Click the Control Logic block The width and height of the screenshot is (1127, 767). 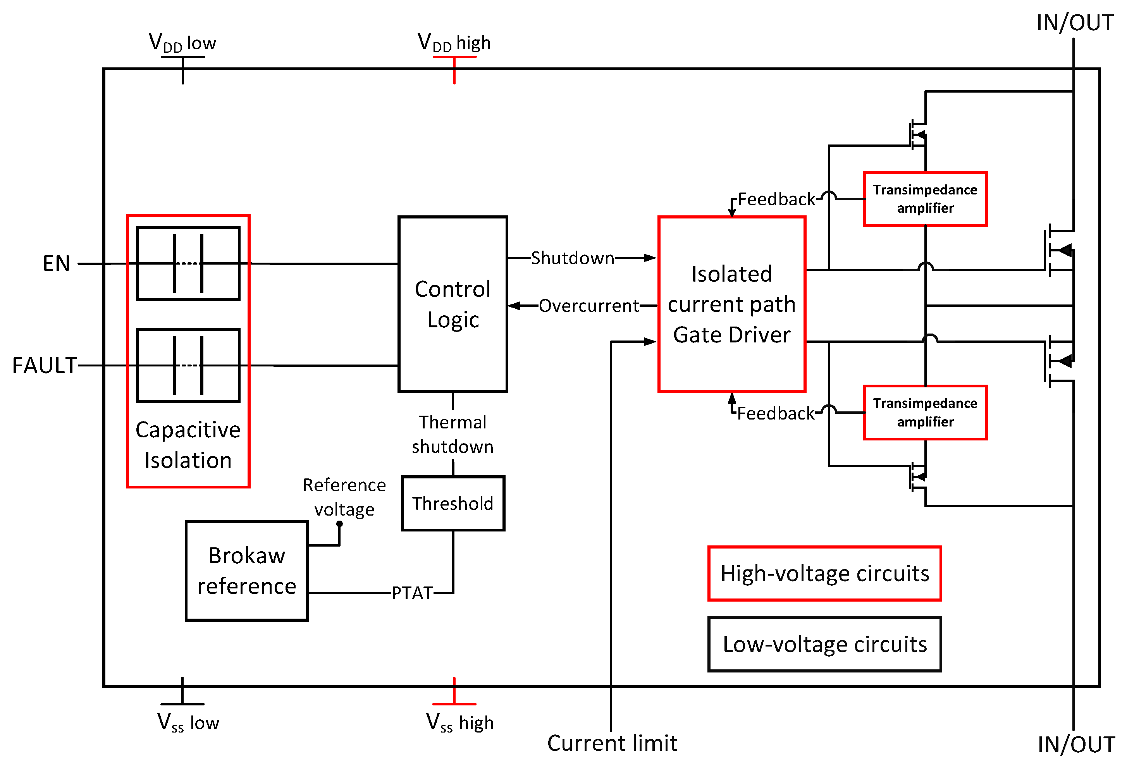click(453, 304)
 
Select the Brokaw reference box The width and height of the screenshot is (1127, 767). click(246, 571)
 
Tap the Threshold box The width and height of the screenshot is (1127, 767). click(453, 503)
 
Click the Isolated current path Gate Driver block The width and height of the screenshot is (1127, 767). click(731, 304)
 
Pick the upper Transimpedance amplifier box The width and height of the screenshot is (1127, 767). click(925, 199)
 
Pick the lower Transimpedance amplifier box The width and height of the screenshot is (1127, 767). click(925, 413)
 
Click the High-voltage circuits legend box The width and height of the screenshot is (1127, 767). click(824, 574)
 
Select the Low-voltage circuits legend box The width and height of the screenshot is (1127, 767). click(824, 644)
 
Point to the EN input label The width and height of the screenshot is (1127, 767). click(56, 264)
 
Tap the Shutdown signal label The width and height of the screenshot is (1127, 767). click(572, 258)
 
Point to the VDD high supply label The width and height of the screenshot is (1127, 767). click(454, 43)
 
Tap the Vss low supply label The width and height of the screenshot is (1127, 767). click(188, 722)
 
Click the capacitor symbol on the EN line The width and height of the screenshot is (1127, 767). click(188, 264)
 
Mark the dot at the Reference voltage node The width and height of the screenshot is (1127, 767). click(339, 524)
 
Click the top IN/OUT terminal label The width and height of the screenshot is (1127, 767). click(1075, 23)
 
